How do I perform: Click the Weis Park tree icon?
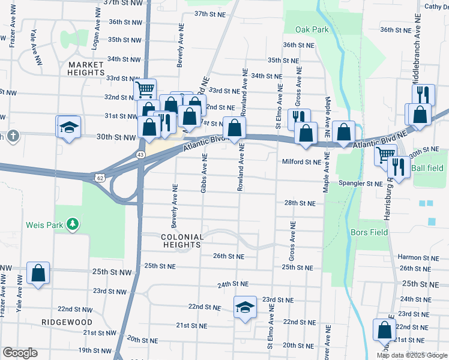(73, 224)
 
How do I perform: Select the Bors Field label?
(367, 232)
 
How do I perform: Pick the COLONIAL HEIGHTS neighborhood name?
(182, 241)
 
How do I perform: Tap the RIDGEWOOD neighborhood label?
(67, 322)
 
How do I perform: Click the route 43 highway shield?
(140, 155)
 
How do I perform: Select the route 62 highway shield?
(99, 178)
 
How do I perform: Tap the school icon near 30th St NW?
(68, 127)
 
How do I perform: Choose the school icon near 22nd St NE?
(245, 307)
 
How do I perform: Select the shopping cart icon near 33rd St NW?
(145, 90)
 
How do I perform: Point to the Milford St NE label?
(302, 161)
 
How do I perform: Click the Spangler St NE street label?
(361, 183)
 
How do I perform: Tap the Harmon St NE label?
(419, 257)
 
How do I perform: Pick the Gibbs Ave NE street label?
(204, 173)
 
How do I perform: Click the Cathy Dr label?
(436, 7)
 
